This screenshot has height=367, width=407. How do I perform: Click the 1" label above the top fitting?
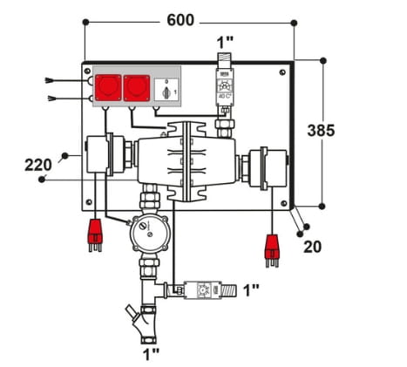[x=225, y=41]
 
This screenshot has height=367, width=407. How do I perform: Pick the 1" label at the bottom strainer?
[x=151, y=352]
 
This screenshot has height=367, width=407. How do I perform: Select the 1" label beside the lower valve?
[x=250, y=289]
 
